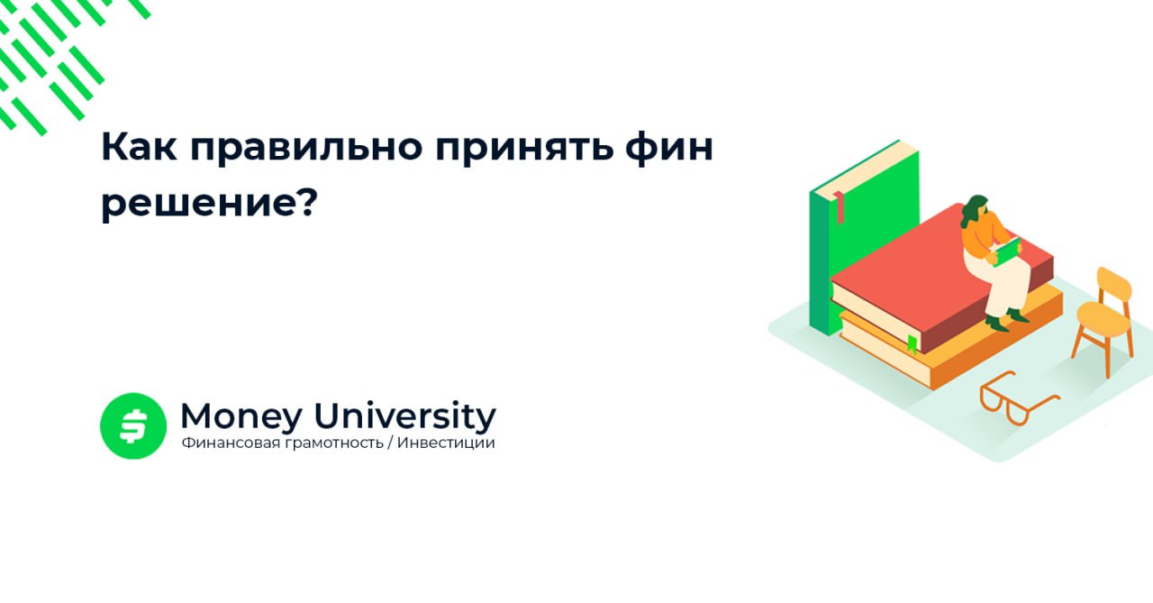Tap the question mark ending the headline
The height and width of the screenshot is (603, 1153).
(x=307, y=202)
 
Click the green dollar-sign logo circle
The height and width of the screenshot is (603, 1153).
(x=133, y=425)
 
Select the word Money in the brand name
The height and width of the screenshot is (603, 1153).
(x=240, y=416)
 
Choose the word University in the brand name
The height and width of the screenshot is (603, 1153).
(x=404, y=417)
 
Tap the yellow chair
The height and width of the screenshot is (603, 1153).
(x=1104, y=315)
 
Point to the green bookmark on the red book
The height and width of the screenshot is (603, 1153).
(x=912, y=343)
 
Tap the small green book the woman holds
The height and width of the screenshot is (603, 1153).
(x=1006, y=251)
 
